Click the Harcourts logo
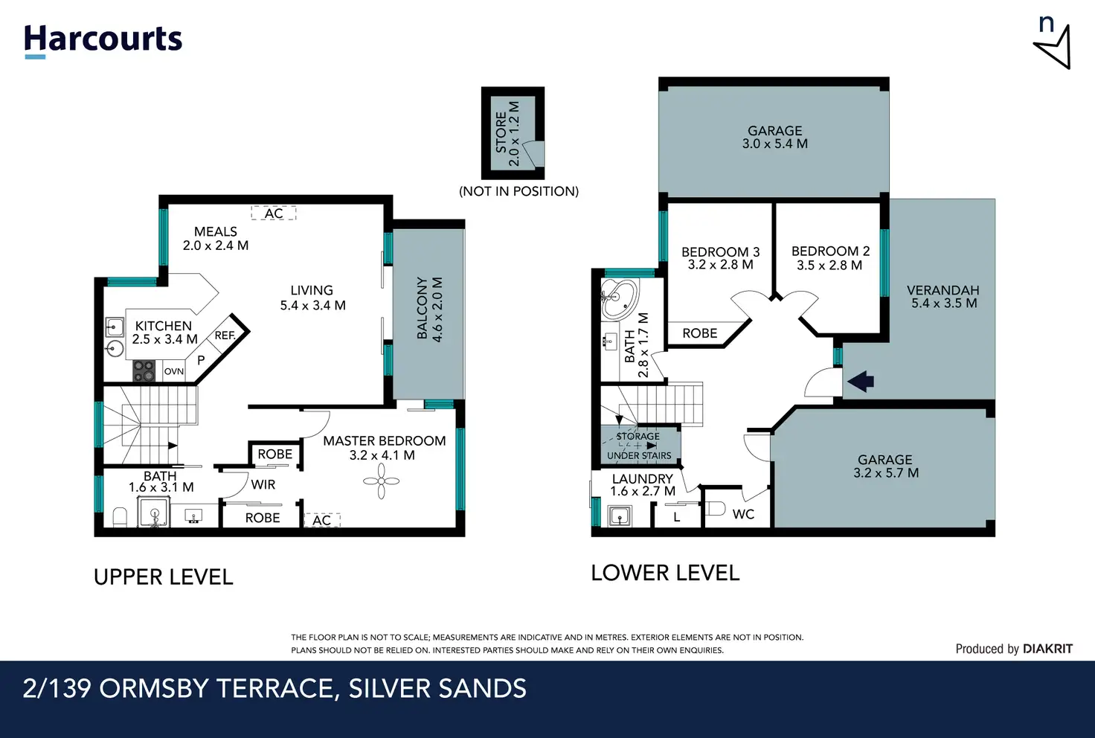click(x=103, y=42)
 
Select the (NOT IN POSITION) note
click(x=518, y=191)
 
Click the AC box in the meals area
click(x=274, y=213)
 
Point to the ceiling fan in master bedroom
click(x=382, y=481)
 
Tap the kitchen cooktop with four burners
click(x=144, y=371)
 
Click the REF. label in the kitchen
click(x=225, y=336)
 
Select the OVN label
click(x=173, y=371)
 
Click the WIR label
click(x=263, y=484)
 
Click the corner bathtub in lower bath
click(x=619, y=299)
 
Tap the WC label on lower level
click(x=743, y=514)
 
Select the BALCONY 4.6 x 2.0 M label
click(x=429, y=309)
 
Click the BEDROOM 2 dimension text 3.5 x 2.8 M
click(x=829, y=266)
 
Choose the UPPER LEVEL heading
click(x=163, y=577)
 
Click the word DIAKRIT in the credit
click(x=1047, y=649)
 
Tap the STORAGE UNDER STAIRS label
click(x=639, y=446)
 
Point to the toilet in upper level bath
click(x=120, y=517)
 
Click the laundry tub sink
click(x=620, y=516)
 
